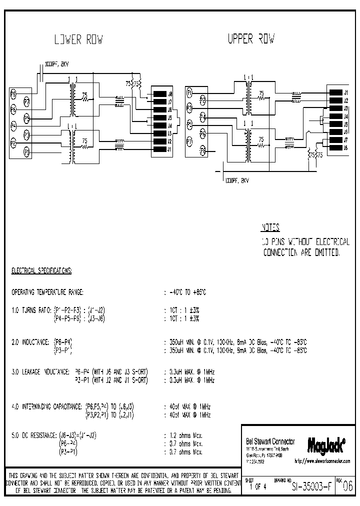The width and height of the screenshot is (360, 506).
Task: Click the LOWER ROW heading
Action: (x=78, y=39)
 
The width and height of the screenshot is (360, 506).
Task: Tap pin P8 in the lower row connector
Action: (x=13, y=93)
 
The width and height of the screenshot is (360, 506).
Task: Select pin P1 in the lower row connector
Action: (x=26, y=150)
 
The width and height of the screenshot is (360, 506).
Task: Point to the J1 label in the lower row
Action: (x=170, y=149)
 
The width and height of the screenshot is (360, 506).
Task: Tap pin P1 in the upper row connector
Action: (x=189, y=92)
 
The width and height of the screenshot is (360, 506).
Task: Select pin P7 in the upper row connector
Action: (x=189, y=141)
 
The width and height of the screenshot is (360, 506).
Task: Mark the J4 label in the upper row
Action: (x=345, y=116)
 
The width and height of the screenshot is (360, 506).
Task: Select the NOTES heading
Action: (x=271, y=227)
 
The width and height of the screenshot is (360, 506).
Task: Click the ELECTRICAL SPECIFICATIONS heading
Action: (x=41, y=270)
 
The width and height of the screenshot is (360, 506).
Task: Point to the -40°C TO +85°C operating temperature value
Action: (x=187, y=291)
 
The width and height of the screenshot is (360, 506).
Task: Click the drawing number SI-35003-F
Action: (x=309, y=484)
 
